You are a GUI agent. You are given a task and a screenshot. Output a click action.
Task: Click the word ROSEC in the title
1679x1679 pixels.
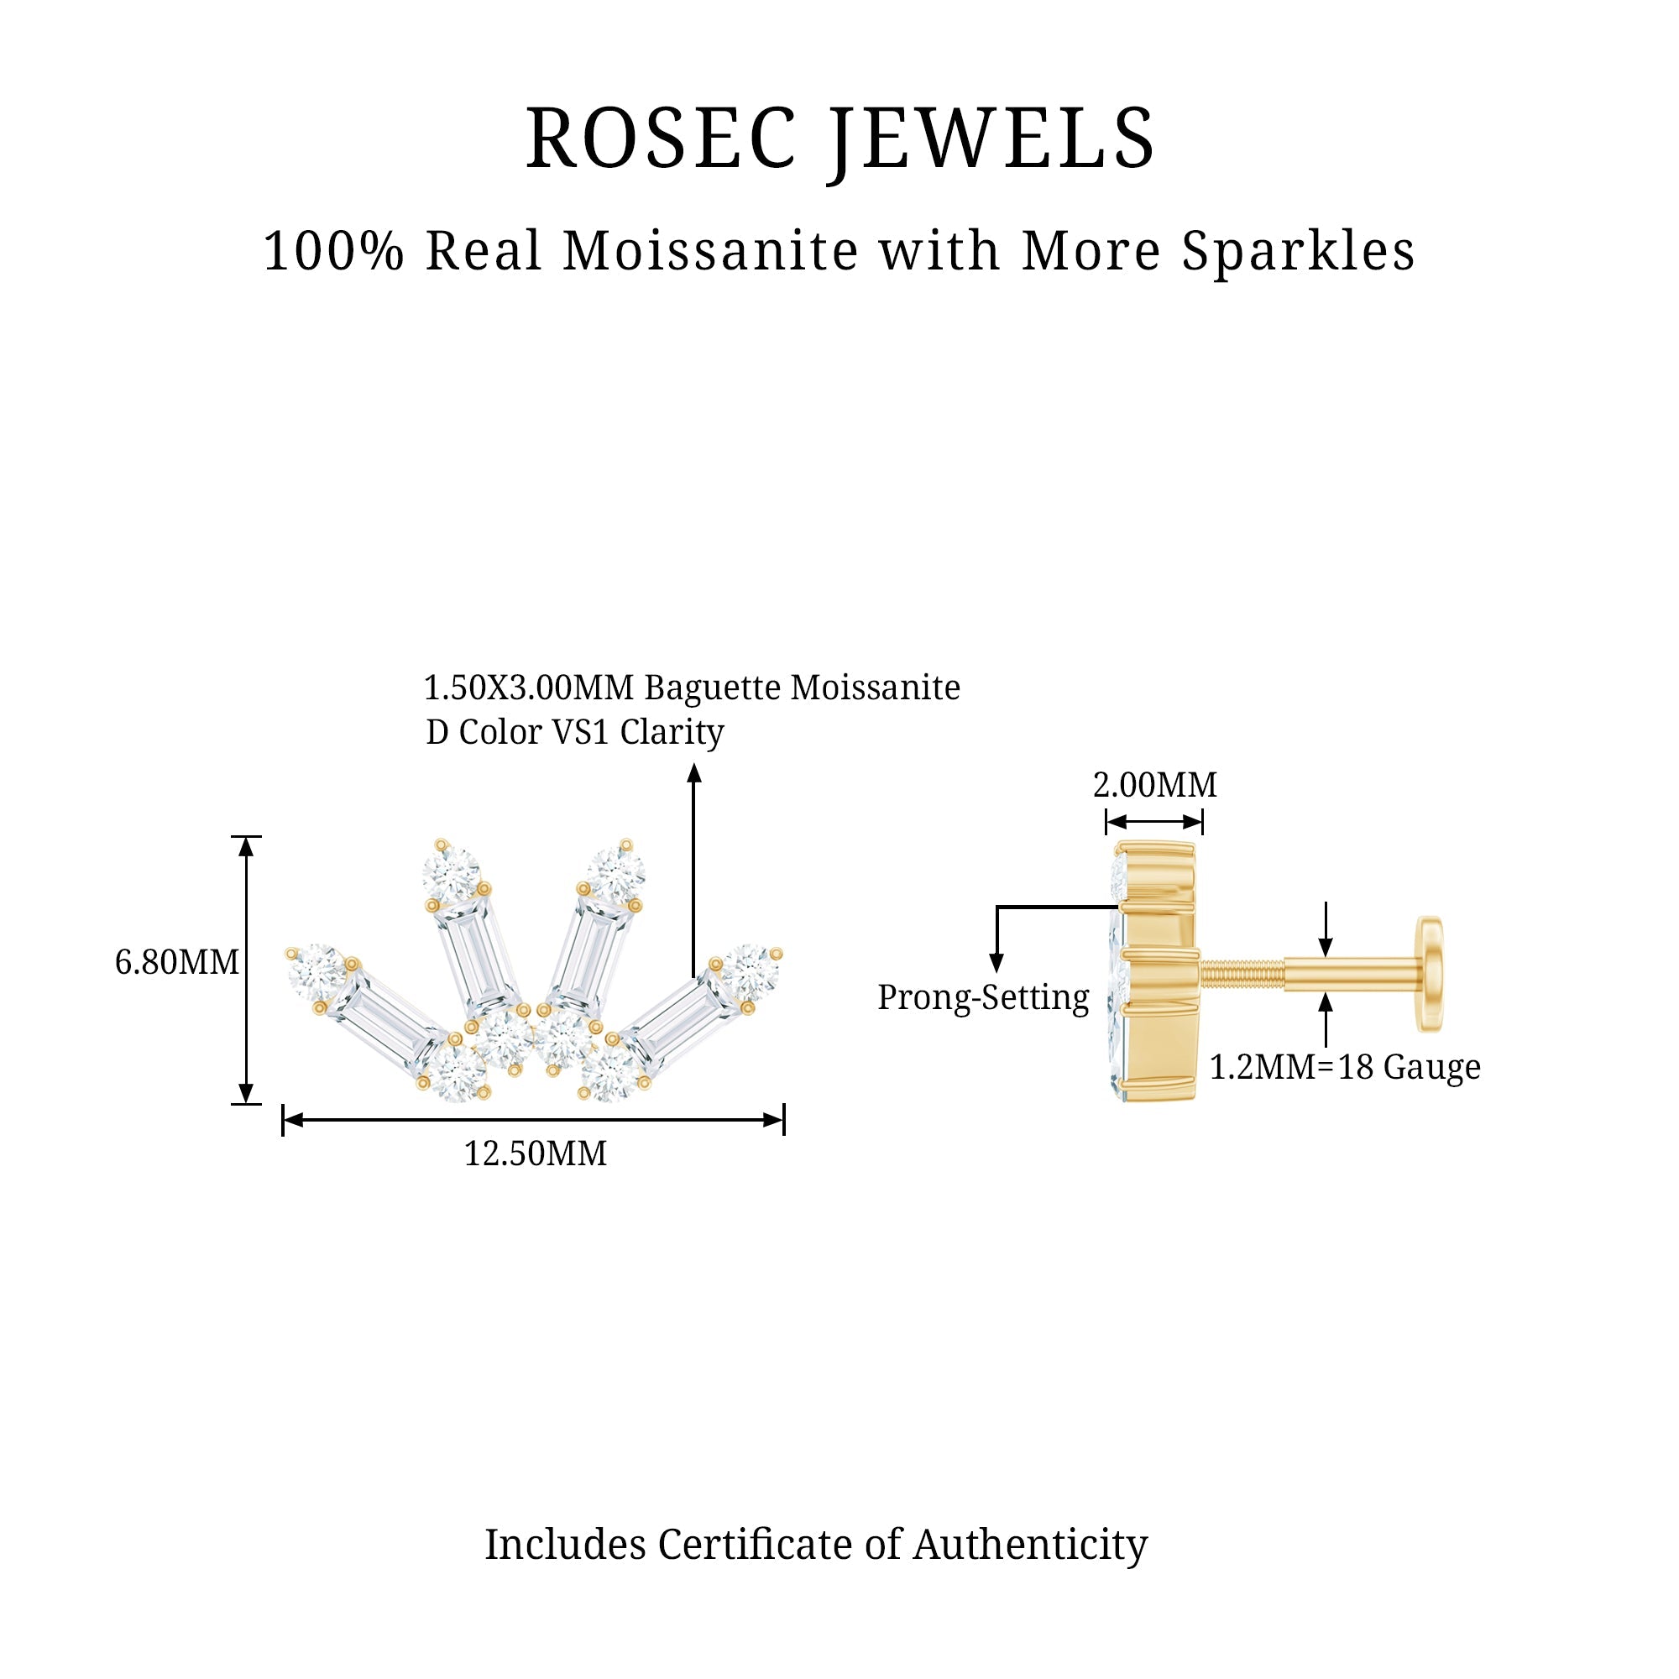pos(661,139)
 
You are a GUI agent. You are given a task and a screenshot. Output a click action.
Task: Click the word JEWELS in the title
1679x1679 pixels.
pos(991,139)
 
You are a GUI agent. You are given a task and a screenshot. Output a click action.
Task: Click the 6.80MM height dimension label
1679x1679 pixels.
pos(176,963)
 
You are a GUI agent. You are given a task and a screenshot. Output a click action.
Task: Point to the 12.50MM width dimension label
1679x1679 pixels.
pos(536,1154)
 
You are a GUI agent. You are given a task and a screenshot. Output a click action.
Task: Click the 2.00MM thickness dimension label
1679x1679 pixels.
pos(1154,785)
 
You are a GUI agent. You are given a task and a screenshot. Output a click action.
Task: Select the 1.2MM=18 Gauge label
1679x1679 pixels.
pos(1344,1067)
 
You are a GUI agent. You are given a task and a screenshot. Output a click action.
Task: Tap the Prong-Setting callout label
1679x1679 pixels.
pos(983,997)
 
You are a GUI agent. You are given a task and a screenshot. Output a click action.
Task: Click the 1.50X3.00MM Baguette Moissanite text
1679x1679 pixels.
pos(691,688)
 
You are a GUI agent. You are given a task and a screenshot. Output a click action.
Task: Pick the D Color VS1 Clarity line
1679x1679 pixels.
pos(574,732)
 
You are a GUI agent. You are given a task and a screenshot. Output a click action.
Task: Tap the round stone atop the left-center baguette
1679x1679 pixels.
pos(451,871)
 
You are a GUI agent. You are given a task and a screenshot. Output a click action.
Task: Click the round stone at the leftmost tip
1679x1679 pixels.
pos(317,970)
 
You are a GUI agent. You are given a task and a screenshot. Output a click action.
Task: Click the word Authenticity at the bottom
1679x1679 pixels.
pos(1030,1545)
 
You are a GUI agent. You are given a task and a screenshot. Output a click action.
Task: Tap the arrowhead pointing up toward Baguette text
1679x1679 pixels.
pos(693,772)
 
